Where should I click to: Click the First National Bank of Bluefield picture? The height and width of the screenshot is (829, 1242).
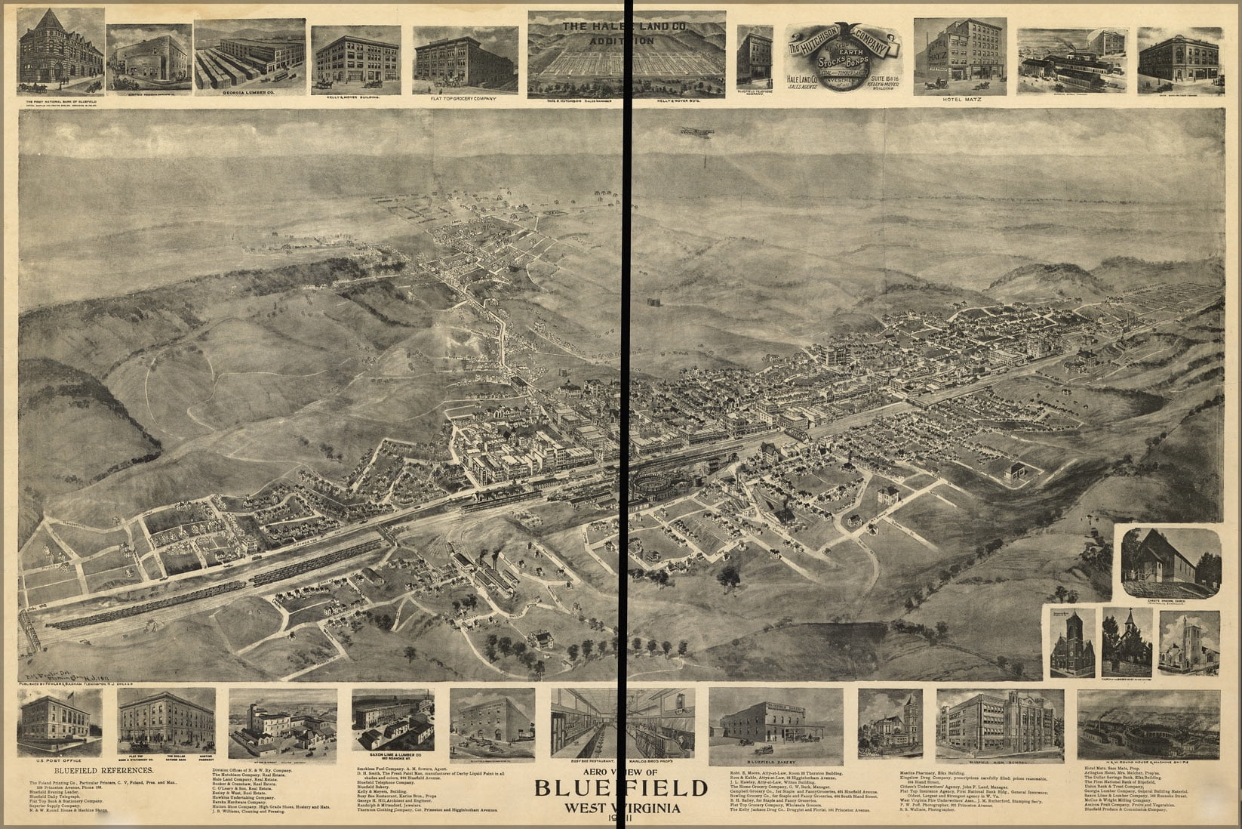pyautogui.click(x=60, y=51)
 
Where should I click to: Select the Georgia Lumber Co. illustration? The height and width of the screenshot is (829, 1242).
pyautogui.click(x=250, y=57)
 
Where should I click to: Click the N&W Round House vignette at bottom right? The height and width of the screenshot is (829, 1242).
pyautogui.click(x=1148, y=725)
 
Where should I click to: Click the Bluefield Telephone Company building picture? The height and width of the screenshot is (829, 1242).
pyautogui.click(x=755, y=57)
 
